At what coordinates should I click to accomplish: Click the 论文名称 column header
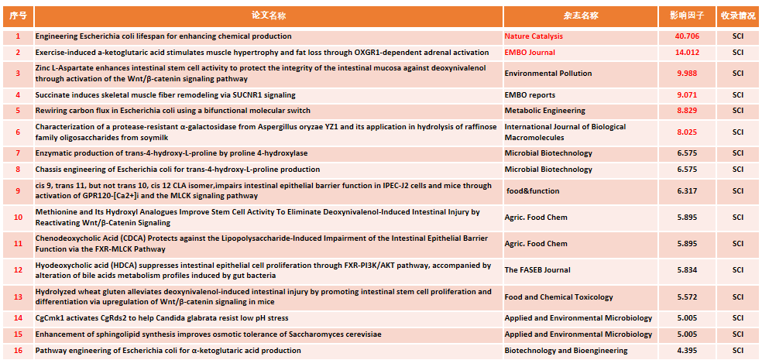(269, 15)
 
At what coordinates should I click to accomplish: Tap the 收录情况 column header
(738, 15)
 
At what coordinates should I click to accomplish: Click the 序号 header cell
(18, 15)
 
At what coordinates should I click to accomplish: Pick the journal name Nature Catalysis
(534, 36)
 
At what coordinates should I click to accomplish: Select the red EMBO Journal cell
(530, 53)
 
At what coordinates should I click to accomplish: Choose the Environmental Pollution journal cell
(547, 74)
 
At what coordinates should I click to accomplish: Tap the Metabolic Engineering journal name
(544, 111)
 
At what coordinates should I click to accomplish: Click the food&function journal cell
(533, 191)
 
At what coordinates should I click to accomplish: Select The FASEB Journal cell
(537, 270)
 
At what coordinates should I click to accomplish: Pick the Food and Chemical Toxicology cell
(558, 297)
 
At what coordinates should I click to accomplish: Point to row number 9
(18, 191)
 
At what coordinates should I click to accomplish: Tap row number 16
(18, 351)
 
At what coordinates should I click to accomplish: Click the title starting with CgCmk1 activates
(161, 318)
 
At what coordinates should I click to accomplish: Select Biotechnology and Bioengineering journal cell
(566, 351)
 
